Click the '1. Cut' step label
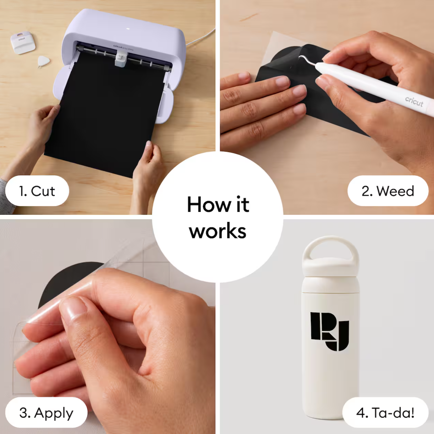[x=37, y=191]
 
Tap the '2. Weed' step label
[x=388, y=191]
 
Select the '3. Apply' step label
[x=46, y=413]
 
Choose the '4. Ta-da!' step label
[x=385, y=413]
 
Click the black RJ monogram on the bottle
[x=330, y=331]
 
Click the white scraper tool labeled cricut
[x=23, y=43]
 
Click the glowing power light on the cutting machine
[x=128, y=29]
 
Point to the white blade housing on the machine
[x=121, y=59]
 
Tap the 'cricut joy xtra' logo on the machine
[x=123, y=47]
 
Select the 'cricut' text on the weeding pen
[x=414, y=102]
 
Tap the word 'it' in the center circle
[x=243, y=204]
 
